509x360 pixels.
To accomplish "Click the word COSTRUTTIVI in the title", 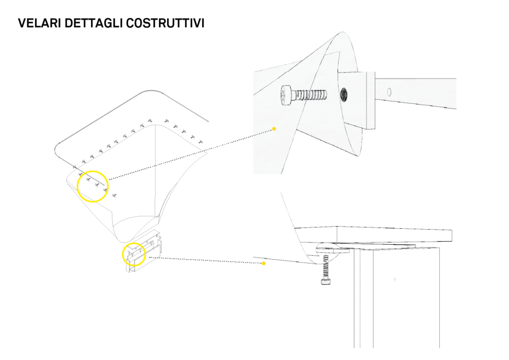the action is [165, 23].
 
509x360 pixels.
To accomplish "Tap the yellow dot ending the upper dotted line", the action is [274, 129].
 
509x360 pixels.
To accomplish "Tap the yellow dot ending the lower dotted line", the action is [263, 263].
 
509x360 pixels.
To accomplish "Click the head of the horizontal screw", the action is [285, 95].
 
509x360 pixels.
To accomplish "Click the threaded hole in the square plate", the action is [344, 95].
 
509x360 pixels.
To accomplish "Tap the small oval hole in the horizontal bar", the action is [389, 92].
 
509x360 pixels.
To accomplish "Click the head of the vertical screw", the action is [326, 281].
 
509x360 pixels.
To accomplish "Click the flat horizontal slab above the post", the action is [373, 234].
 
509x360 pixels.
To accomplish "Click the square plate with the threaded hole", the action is [357, 100].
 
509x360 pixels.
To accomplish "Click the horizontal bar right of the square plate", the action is [416, 93].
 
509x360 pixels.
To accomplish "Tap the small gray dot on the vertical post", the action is [395, 279].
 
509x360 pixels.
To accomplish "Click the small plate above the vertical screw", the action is [333, 250].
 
